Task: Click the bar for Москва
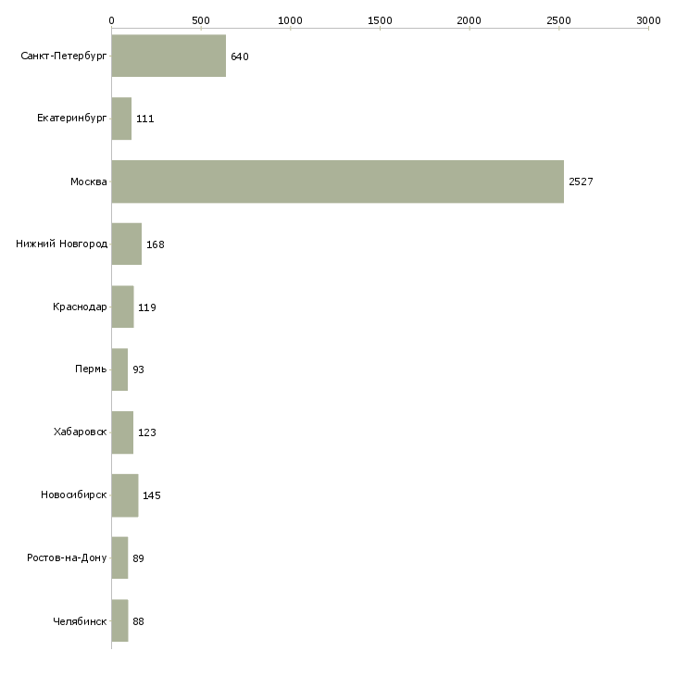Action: tap(337, 182)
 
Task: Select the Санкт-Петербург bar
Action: tap(169, 56)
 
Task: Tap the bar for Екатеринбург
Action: tap(121, 119)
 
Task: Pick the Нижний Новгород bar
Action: tap(126, 244)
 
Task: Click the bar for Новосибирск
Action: tap(124, 495)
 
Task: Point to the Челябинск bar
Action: tap(119, 621)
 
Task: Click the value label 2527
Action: tap(581, 182)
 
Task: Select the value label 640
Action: tap(240, 56)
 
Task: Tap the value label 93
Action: tap(138, 369)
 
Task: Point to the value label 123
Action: tap(147, 432)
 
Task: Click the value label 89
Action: tap(138, 558)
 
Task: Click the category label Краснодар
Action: tap(80, 307)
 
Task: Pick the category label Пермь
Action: tap(91, 369)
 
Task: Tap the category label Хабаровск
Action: tap(80, 432)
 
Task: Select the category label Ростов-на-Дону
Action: tap(67, 558)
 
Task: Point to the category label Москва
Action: tap(89, 182)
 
